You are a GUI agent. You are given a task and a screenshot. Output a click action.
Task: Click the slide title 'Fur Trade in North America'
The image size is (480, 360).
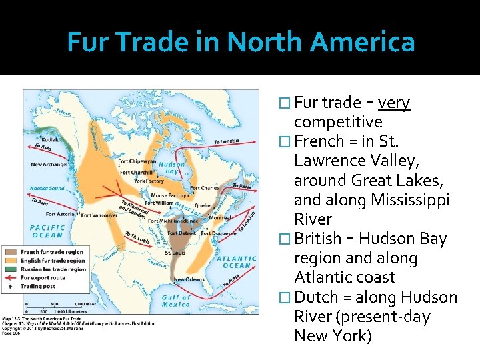[241, 43]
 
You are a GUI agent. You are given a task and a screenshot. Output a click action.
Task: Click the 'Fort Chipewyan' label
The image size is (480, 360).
[137, 160]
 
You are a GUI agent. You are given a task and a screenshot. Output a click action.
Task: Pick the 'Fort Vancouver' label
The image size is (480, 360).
[100, 215]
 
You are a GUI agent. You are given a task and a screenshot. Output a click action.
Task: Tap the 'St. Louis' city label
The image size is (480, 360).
[175, 253]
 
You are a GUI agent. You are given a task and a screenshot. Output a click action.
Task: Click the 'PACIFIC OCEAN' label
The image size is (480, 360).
[47, 231]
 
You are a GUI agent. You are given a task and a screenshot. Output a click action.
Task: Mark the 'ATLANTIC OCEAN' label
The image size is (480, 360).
[236, 261]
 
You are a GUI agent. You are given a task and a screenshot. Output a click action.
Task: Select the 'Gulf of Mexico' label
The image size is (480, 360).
[176, 301]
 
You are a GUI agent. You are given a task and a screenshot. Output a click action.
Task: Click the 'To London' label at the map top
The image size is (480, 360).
[226, 141]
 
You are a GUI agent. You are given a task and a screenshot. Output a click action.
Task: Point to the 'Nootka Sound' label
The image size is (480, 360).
[47, 188]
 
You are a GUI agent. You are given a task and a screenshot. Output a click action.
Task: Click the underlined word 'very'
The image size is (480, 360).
[393, 103]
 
